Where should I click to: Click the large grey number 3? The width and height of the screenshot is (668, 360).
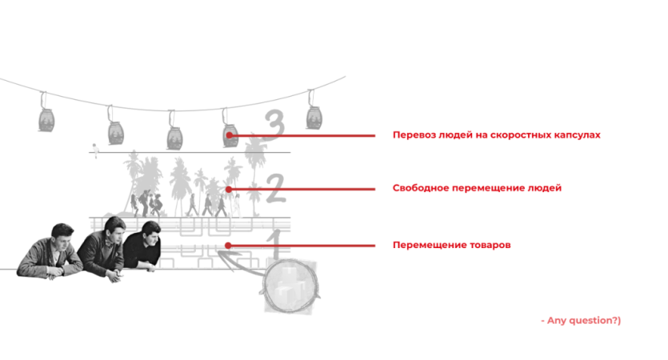click(x=274, y=124)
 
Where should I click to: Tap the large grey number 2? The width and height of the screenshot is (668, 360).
click(x=276, y=188)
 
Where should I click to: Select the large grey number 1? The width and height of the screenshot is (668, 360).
click(x=277, y=244)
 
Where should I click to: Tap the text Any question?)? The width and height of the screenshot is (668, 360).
click(x=584, y=320)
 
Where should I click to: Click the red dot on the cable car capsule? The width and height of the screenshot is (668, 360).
click(x=229, y=135)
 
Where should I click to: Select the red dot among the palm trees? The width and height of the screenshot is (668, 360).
click(x=229, y=189)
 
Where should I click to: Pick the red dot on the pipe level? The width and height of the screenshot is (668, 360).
click(x=228, y=246)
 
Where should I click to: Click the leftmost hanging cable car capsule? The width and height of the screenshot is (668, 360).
click(x=46, y=120)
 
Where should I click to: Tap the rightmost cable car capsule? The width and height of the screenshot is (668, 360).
click(x=314, y=117)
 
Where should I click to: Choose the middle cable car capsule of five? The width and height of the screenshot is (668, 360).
click(x=174, y=137)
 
